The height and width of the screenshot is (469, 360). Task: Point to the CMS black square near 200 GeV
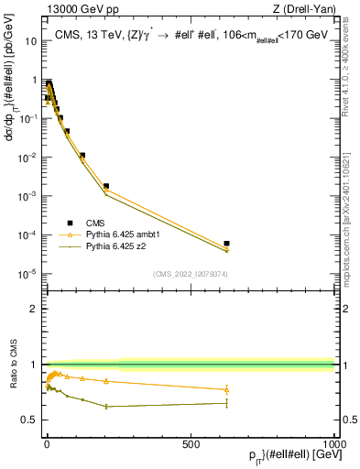(106, 186)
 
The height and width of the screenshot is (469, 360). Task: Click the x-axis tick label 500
(191, 442)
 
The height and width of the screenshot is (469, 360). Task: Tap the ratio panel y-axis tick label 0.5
(30, 420)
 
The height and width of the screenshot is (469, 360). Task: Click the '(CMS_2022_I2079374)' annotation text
(191, 273)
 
